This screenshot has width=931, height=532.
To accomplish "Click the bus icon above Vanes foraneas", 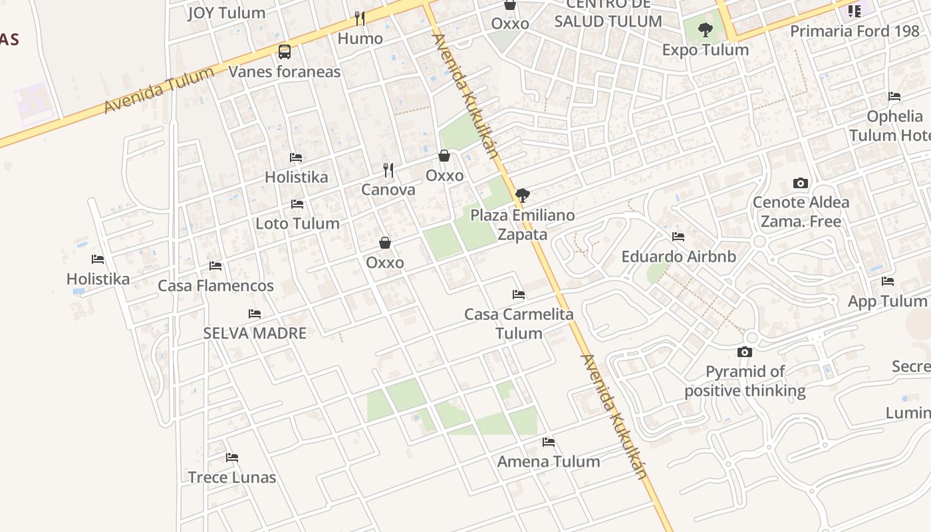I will tap(285, 51).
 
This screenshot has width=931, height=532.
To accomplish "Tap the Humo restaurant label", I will tap(360, 39).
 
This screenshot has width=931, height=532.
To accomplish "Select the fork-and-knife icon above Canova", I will tap(388, 170).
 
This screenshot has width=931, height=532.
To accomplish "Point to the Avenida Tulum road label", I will tap(159, 90).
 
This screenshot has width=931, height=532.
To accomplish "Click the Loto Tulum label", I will tap(297, 223).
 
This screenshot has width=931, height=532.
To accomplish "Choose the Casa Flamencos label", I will tap(215, 286).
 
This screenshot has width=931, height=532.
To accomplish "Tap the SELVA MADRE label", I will tap(255, 333).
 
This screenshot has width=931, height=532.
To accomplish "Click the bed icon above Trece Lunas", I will tap(232, 458).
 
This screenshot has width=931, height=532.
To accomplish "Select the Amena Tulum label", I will tap(549, 462).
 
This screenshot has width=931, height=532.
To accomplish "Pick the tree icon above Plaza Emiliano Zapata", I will tap(523, 196).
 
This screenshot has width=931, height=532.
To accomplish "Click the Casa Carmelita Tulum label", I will tap(519, 323).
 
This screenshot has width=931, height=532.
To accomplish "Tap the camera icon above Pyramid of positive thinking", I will tap(745, 352).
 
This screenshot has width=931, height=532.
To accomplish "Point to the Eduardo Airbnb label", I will tap(678, 257).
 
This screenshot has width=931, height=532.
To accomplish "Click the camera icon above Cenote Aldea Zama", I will tap(801, 183).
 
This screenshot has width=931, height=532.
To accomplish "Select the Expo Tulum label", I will tap(706, 50).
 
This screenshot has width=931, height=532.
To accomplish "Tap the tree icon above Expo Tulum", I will tap(706, 29).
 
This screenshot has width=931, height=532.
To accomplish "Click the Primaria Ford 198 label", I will tap(855, 31).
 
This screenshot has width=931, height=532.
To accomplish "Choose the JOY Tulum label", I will tap(226, 13).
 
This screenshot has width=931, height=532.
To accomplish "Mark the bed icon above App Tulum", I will tap(887, 281).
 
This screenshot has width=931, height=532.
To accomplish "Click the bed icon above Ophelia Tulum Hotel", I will tap(894, 96).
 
